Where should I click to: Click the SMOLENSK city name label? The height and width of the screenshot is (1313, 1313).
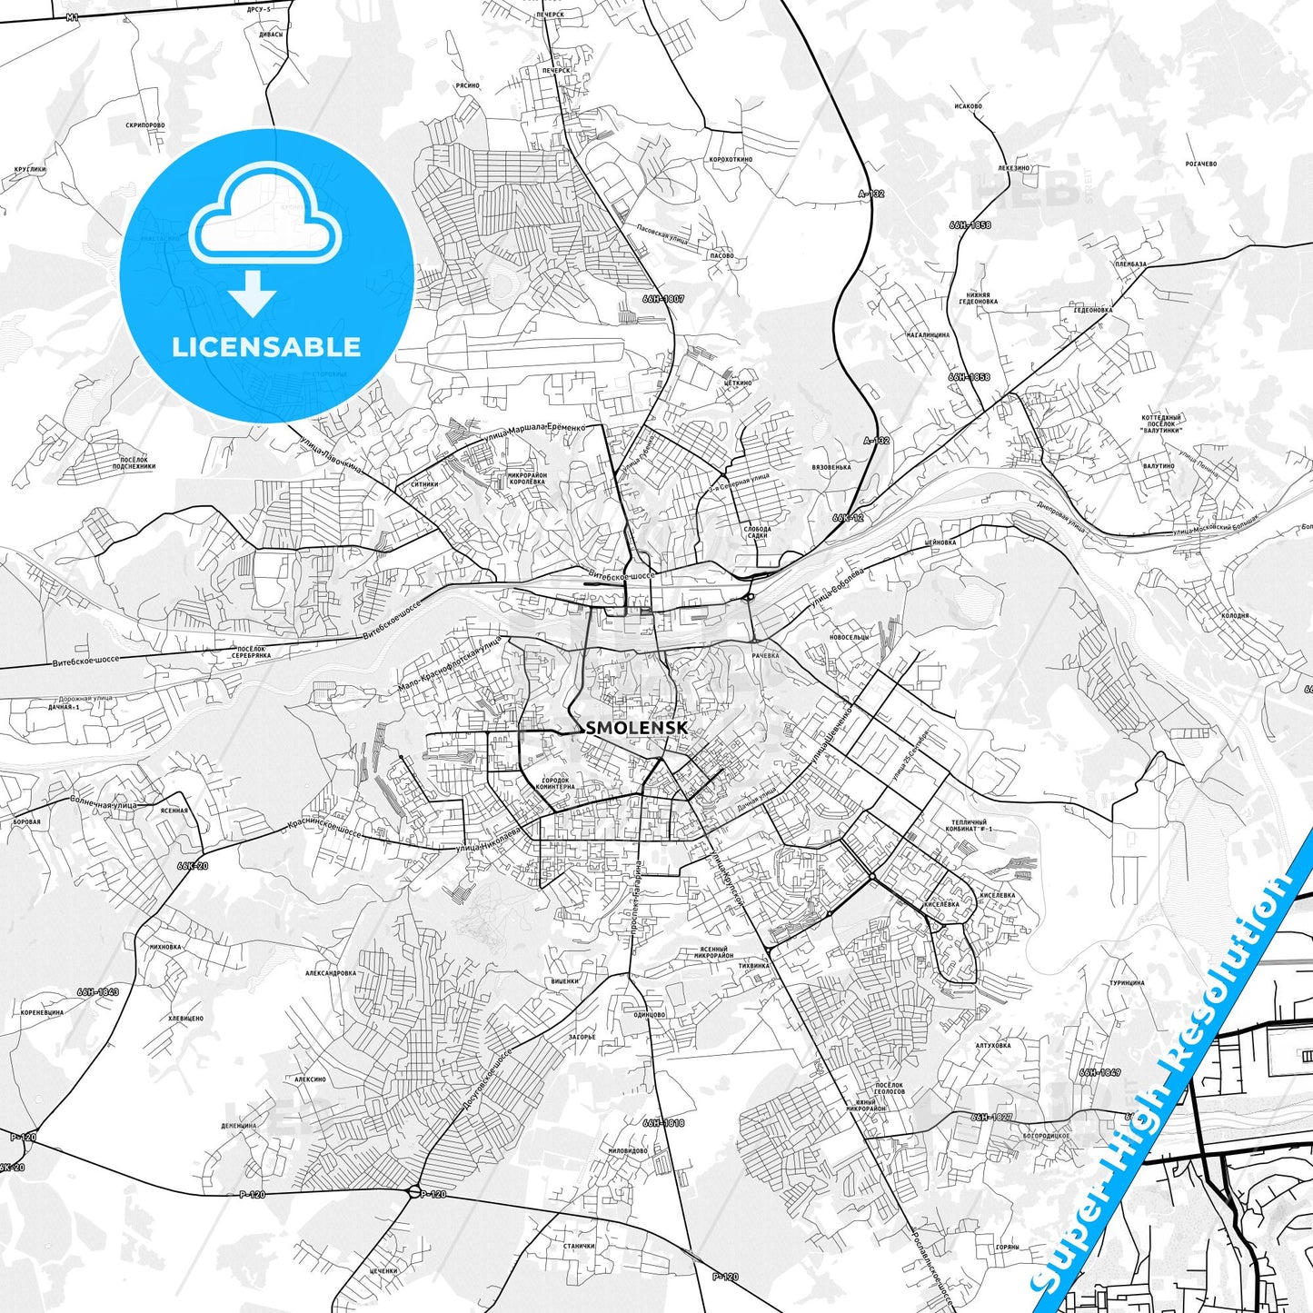click(x=637, y=729)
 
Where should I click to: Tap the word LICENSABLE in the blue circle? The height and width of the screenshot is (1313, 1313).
click(x=266, y=346)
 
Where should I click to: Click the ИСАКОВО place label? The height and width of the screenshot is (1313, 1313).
click(x=969, y=106)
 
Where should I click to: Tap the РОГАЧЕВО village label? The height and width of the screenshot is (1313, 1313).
click(x=1200, y=164)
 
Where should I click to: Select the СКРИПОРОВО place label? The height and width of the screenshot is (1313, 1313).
click(x=145, y=125)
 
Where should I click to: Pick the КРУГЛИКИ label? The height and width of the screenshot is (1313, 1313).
click(x=30, y=169)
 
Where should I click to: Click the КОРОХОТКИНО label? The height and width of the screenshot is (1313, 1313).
click(x=731, y=159)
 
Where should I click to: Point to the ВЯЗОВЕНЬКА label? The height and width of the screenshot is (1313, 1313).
click(x=831, y=467)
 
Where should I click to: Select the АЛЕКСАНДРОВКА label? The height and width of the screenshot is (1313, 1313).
click(x=331, y=973)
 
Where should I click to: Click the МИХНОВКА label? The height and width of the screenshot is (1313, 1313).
click(x=164, y=947)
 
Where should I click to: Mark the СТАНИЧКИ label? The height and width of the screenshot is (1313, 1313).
click(x=579, y=1246)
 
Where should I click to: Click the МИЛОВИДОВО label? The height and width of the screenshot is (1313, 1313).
click(x=628, y=1150)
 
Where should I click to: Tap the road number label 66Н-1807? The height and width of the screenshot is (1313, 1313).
click(x=663, y=298)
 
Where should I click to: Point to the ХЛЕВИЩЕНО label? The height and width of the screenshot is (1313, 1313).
click(x=186, y=1019)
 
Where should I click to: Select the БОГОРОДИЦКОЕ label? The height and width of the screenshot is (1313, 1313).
click(x=1046, y=1136)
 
